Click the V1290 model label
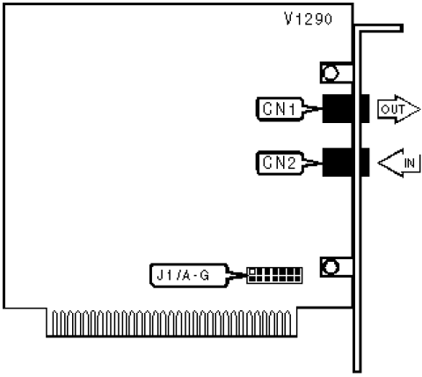(309, 19)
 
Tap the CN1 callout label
(280, 109)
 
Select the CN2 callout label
(280, 163)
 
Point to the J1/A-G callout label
(189, 275)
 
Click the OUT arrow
(398, 109)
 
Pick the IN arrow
(399, 163)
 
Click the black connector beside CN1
(346, 109)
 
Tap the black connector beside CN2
(346, 163)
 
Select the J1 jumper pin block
(274, 275)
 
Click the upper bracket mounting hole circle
(331, 73)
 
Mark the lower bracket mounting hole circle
(331, 267)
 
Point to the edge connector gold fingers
(171, 323)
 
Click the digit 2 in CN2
(291, 163)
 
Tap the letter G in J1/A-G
(204, 275)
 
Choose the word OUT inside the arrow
(393, 110)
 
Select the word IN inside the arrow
(410, 163)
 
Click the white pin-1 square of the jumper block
(251, 272)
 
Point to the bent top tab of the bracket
(379, 28)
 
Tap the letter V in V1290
(289, 19)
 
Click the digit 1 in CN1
(291, 109)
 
